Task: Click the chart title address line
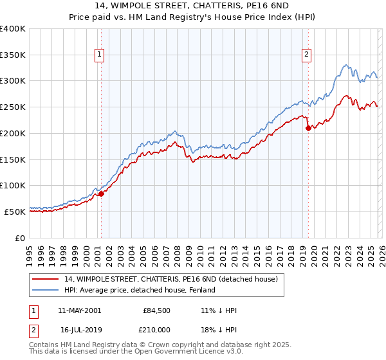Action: pos(192,6)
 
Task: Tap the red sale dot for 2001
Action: pos(101,194)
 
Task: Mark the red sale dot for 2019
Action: pos(308,128)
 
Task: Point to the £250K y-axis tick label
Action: pos(12,107)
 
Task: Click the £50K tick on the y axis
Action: pos(14,212)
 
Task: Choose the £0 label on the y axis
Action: pos(20,238)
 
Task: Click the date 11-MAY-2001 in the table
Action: pos(79,310)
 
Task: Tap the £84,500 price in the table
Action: pos(156,310)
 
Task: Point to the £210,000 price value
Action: pos(156,330)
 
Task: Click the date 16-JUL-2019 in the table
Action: pos(80,330)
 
